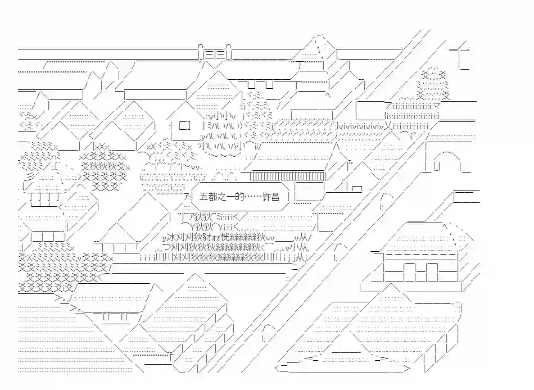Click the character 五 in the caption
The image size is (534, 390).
203,196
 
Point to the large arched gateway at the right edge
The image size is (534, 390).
445,162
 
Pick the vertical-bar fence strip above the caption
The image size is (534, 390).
287,177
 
